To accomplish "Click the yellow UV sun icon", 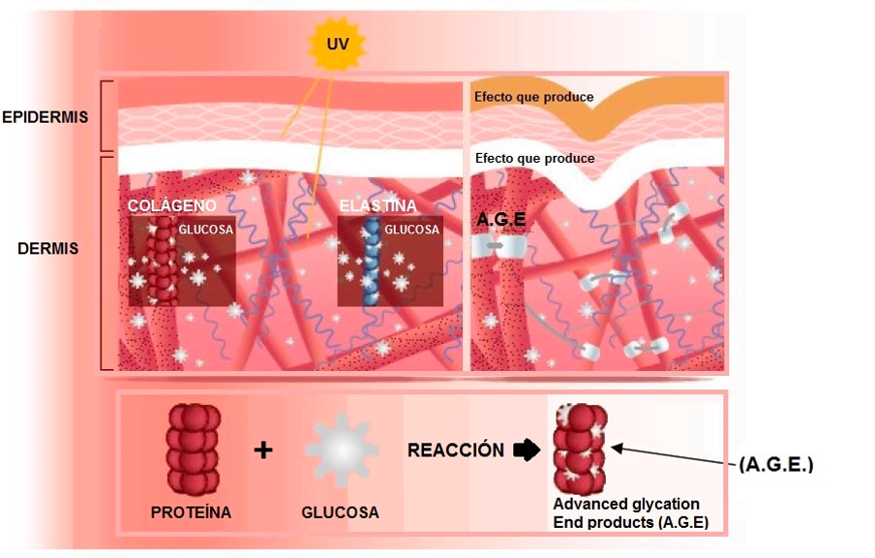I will pos(331,44).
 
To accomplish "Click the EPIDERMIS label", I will pos(45,117).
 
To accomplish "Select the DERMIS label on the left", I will pos(47,249).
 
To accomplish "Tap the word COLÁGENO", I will pos(171,206).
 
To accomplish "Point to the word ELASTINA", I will pos(377,206).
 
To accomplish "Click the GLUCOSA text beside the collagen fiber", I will pos(206,230).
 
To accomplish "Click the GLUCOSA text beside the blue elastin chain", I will pos(411,230).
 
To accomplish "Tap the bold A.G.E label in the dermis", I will pos(500,220).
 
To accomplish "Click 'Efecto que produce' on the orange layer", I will pos(533,97).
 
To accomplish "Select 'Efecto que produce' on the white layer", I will pos(533,158).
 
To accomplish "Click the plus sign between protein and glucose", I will pos(262,450).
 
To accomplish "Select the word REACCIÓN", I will pos(455,450).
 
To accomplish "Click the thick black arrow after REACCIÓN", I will pos(526,450).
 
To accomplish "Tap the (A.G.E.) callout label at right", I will pos(775,465).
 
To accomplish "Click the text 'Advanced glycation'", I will pos(625,505).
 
